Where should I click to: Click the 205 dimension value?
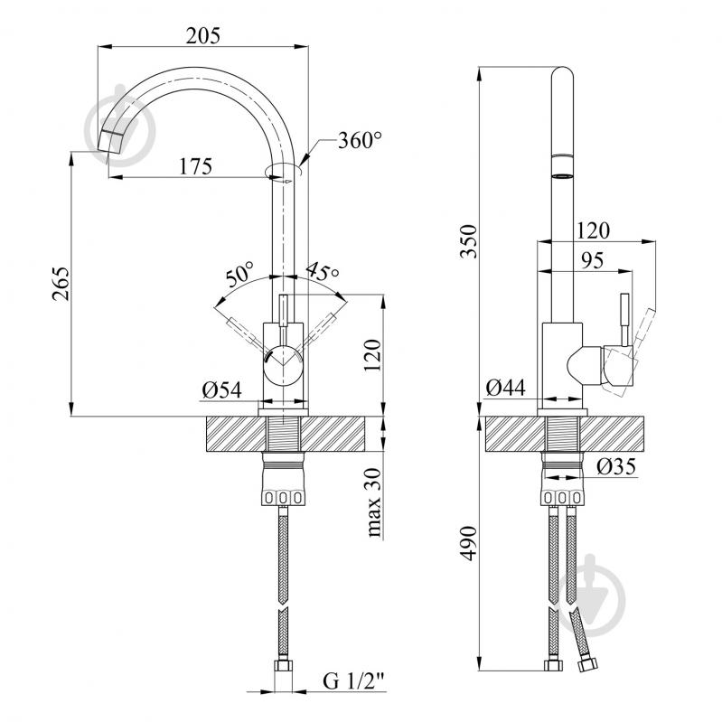[203, 36]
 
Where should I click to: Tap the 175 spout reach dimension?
[196, 166]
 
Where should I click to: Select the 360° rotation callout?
[360, 140]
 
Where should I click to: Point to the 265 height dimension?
[61, 284]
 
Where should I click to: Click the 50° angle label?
[239, 275]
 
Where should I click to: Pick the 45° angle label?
[323, 271]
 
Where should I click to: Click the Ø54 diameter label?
[221, 390]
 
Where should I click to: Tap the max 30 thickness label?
[374, 502]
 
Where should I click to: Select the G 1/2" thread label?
[353, 680]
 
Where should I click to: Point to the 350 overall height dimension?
[469, 241]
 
